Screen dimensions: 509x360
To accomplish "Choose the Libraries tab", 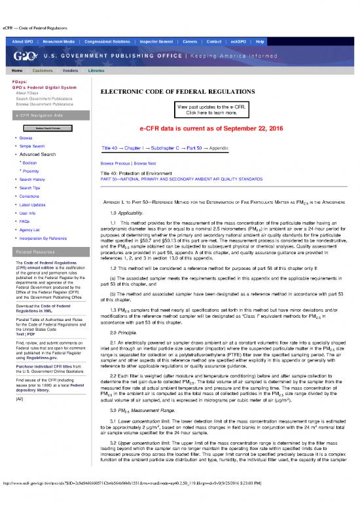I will pyautogui.click(x=96, y=69).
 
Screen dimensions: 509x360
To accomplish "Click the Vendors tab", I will pyautogui.click(x=71, y=69).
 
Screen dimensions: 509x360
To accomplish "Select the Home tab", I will pyautogui.click(x=19, y=69).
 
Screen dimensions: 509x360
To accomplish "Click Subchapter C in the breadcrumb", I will pyautogui.click(x=173, y=148).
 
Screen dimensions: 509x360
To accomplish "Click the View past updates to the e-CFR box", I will pyautogui.click(x=211, y=109).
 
